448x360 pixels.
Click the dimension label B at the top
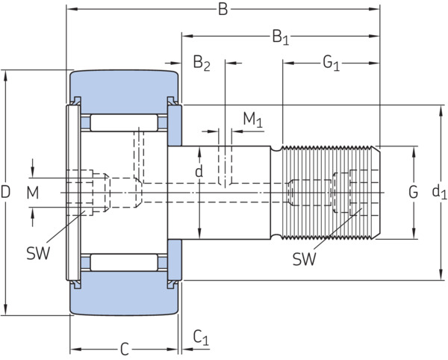click(x=223, y=9)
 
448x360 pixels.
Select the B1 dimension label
click(x=280, y=37)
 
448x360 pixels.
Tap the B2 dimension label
click(x=202, y=63)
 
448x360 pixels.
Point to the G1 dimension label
click(x=331, y=63)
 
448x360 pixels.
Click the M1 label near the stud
click(x=252, y=120)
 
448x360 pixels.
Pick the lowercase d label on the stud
click(x=199, y=171)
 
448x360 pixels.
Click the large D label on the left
click(x=5, y=192)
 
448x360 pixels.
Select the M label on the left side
click(x=33, y=193)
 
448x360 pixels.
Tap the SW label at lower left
click(x=38, y=253)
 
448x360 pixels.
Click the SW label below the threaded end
click(x=305, y=259)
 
